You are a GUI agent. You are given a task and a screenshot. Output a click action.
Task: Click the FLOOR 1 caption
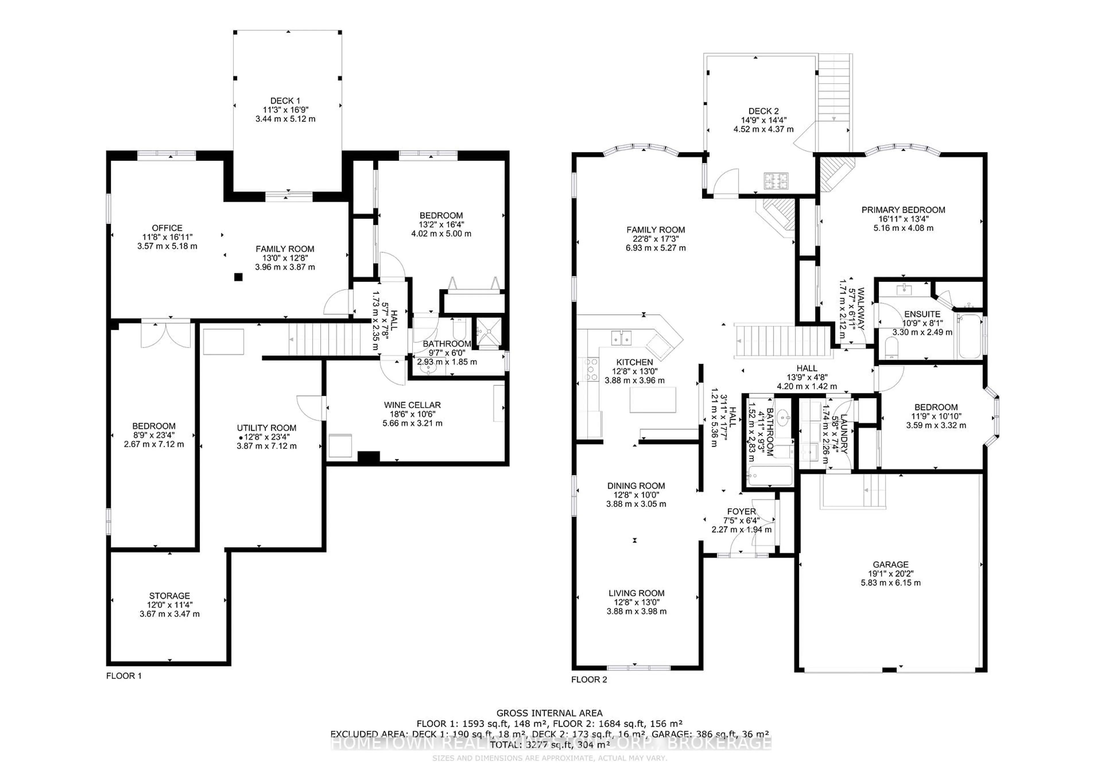click(x=124, y=676)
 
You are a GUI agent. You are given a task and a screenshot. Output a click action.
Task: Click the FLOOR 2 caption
click(x=589, y=679)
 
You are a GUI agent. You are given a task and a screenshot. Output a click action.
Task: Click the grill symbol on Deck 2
click(x=776, y=181)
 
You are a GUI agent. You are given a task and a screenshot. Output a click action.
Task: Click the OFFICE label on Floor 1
click(x=167, y=228)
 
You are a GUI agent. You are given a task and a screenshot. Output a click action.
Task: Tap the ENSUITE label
click(x=922, y=314)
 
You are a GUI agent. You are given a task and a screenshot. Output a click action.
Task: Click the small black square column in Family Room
click(x=238, y=277)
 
